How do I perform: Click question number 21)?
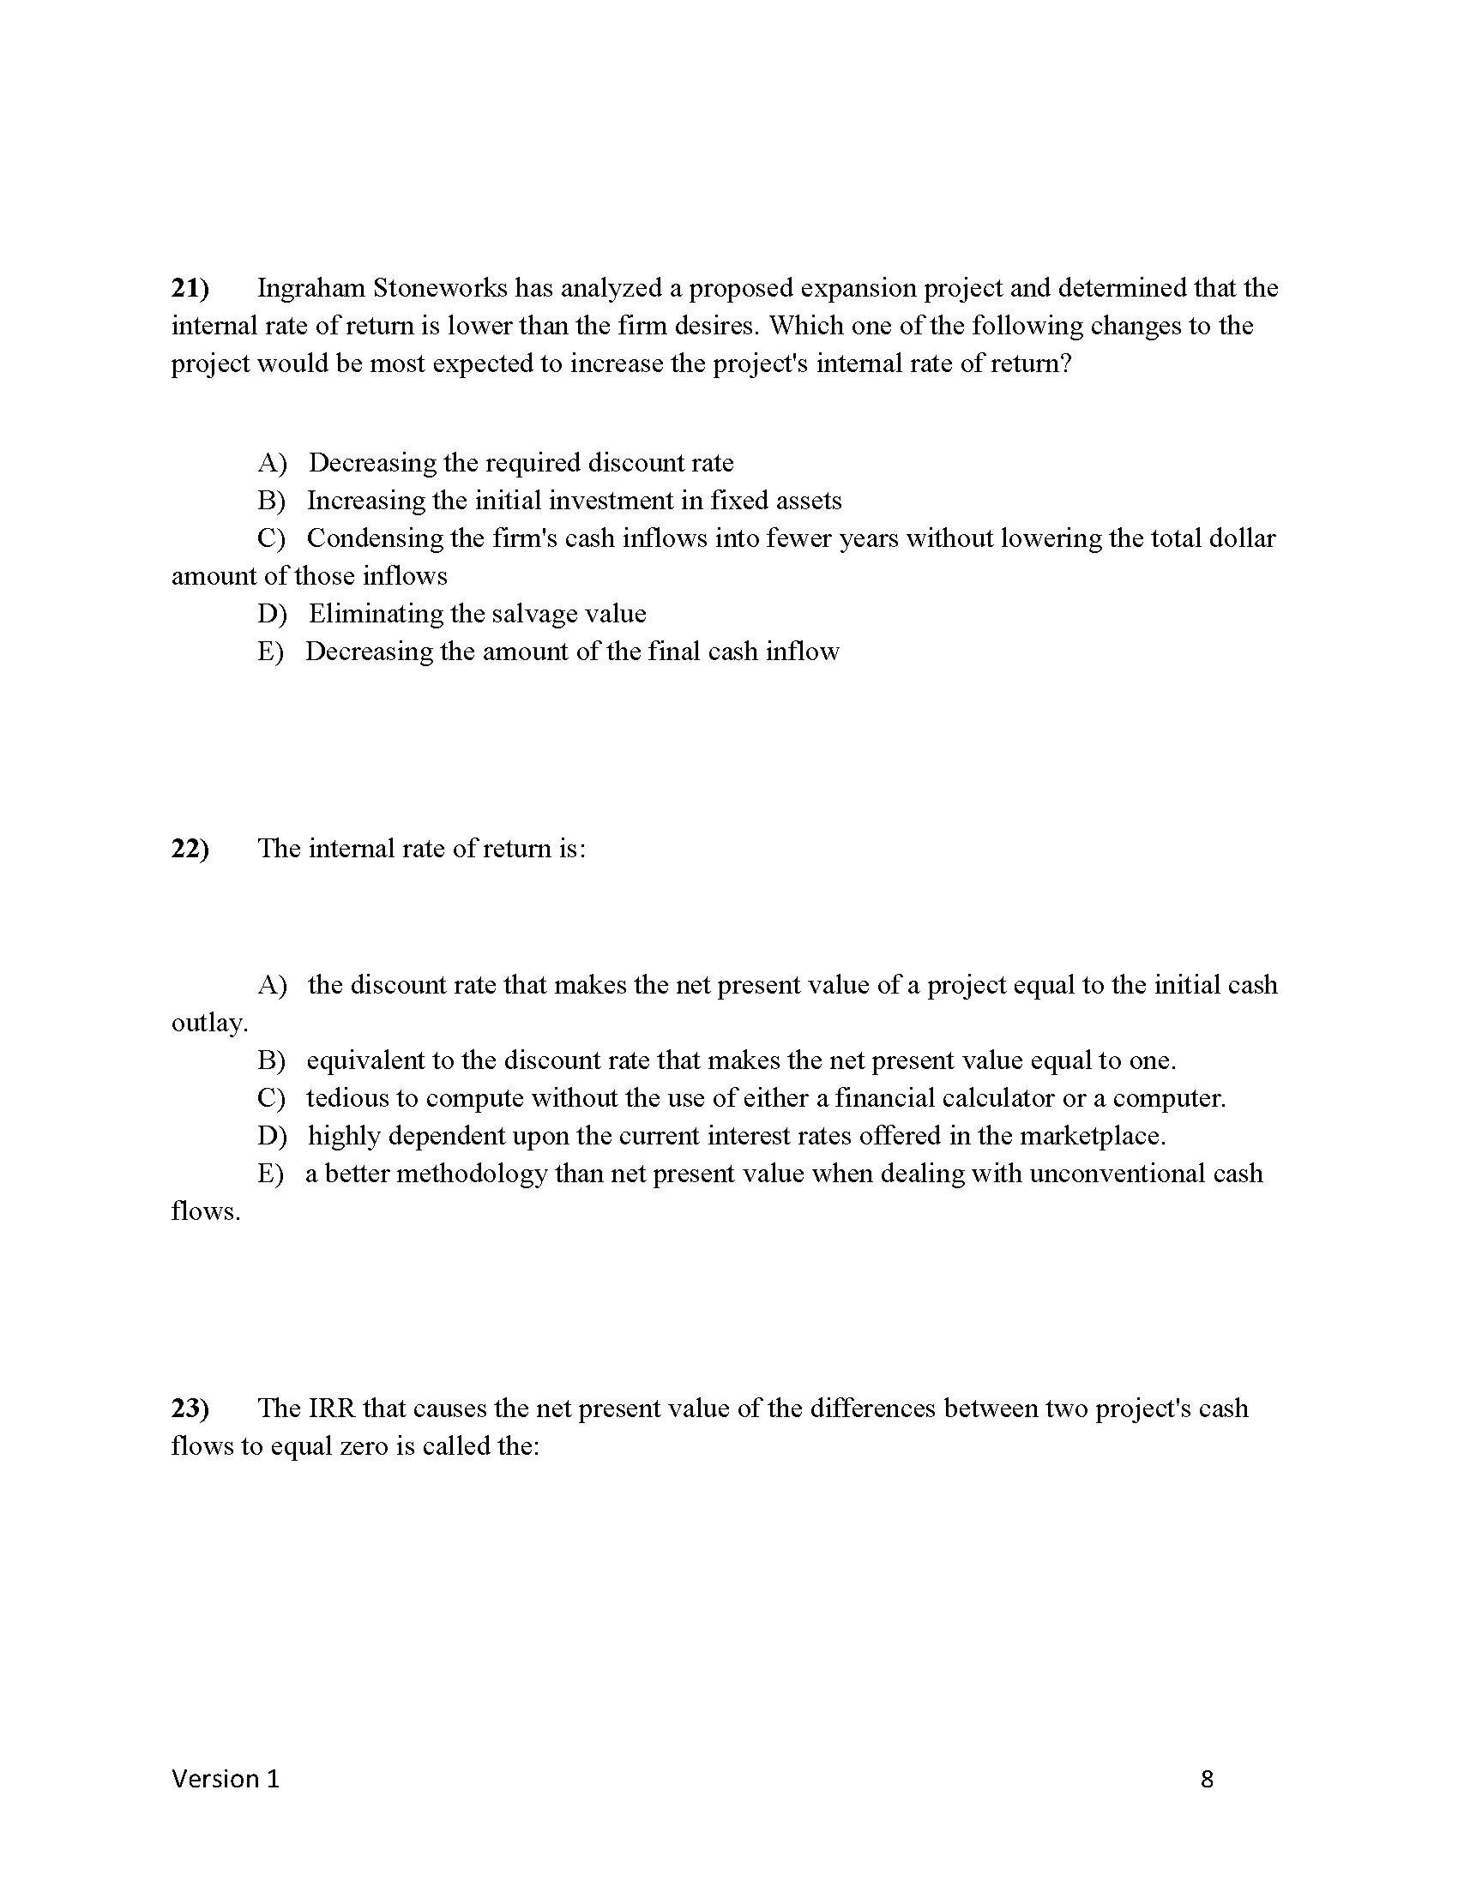(190, 288)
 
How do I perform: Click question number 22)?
(190, 849)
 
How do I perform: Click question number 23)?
(190, 1408)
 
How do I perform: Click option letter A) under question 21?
(271, 464)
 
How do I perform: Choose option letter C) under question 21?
(271, 539)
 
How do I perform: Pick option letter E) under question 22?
(270, 1174)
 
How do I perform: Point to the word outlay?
(209, 1024)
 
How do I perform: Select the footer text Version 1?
(226, 1778)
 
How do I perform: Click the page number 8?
(1207, 1779)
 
